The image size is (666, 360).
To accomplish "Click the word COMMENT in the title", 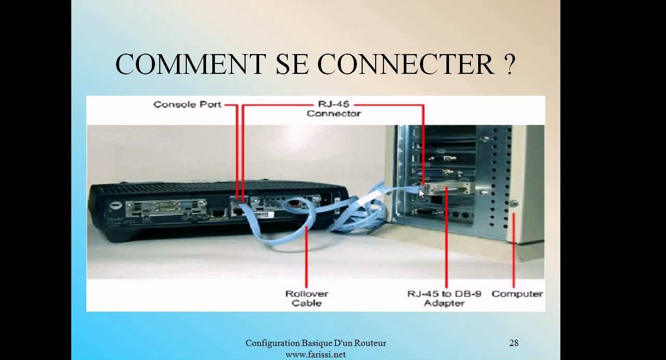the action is coord(190,65).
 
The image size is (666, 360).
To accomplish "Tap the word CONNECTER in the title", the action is coord(405,65).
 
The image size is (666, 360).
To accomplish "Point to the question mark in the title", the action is coord(509,65).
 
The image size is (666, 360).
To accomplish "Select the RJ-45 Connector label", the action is coord(334,109).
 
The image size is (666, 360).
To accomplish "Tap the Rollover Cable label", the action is coord(307,298).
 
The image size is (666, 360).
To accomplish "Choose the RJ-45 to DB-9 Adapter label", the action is coord(444,298).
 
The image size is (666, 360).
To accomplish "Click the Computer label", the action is coord(517,294).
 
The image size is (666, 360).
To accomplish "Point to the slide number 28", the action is coord(514,343).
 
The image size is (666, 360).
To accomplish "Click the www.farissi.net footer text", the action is coord(316,355).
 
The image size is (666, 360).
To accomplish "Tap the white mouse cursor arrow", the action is coord(421,193).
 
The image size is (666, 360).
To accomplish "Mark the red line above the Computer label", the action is coord(514,250).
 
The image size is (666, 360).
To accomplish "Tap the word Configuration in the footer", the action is coord(273,343).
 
